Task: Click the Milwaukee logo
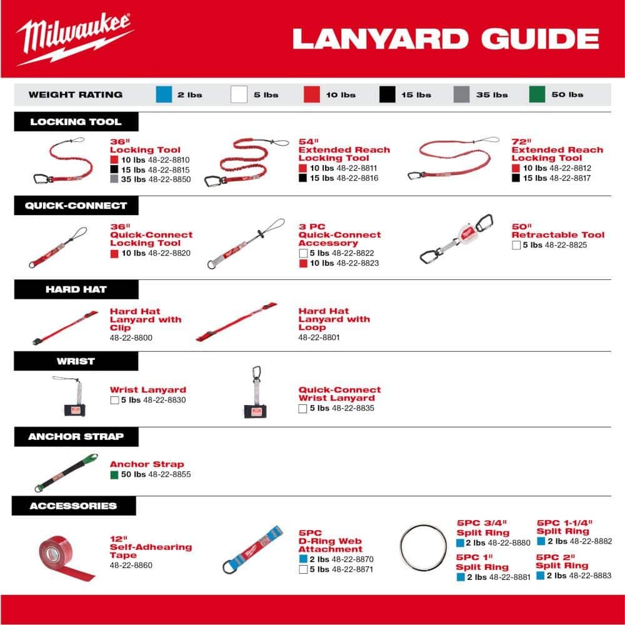(x=74, y=39)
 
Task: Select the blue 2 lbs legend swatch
(x=163, y=94)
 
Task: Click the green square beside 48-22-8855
(x=114, y=475)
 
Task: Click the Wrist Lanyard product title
(x=147, y=390)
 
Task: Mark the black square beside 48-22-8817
(x=516, y=178)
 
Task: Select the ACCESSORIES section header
(x=73, y=506)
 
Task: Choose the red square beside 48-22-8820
(x=114, y=253)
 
